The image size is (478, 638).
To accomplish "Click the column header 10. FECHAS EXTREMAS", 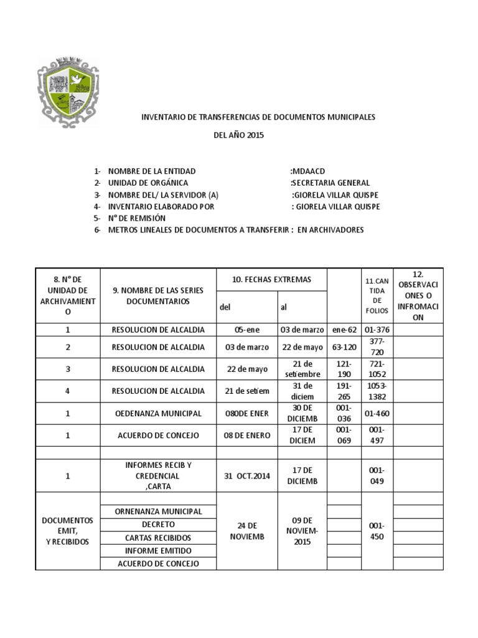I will point(271,279).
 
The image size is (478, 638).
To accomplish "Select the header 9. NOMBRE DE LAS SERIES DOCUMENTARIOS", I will point(157,295).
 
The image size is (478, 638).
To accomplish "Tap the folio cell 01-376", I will point(377,330).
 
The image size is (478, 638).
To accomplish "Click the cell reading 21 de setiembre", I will point(301,369).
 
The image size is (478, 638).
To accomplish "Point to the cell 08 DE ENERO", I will point(246,436).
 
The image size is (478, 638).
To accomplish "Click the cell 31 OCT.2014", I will point(246,476).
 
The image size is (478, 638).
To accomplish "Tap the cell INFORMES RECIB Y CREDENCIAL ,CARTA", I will point(157,476).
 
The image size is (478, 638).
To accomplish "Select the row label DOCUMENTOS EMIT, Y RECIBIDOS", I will point(67,531).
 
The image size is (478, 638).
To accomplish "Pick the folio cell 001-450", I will point(377,531).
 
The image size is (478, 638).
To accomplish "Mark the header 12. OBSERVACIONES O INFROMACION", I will point(418,295).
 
